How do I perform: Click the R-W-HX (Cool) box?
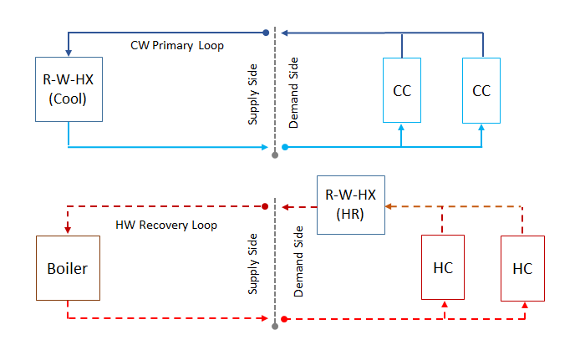pyautogui.click(x=66, y=90)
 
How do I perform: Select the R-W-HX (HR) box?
pyautogui.click(x=350, y=205)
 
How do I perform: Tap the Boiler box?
pyautogui.click(x=66, y=269)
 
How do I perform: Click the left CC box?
pyautogui.click(x=402, y=90)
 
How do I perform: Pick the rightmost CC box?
pyautogui.click(x=481, y=90)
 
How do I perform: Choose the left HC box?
pyautogui.click(x=444, y=269)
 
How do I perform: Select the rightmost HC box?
pyautogui.click(x=522, y=269)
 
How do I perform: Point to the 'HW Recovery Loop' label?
pyautogui.click(x=165, y=225)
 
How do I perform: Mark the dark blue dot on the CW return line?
pyautogui.click(x=266, y=33)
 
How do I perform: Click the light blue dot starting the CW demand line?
pyautogui.click(x=285, y=147)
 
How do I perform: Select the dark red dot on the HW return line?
pyautogui.click(x=266, y=206)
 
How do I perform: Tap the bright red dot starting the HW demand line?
pyautogui.click(x=285, y=319)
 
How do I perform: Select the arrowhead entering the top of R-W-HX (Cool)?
pyautogui.click(x=67, y=53)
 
